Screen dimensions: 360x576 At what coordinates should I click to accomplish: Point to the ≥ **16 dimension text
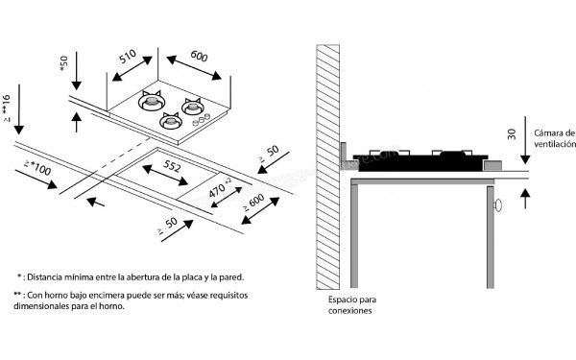[x=8, y=111]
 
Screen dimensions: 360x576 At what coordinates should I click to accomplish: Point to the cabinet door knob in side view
[x=498, y=205]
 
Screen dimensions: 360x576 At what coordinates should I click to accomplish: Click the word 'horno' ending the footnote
[x=113, y=307]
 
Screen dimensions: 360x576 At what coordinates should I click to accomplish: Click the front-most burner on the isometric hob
[x=171, y=121]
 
